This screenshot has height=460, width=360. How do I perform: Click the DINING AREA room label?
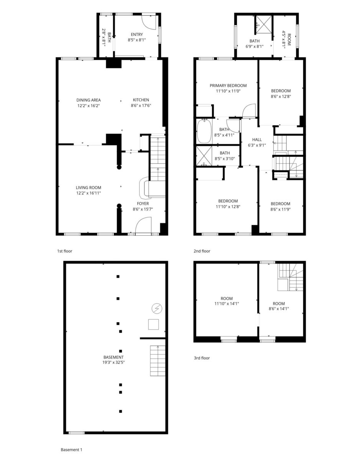pos(89,100)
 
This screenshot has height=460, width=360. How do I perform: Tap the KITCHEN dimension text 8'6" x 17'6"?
pos(141,105)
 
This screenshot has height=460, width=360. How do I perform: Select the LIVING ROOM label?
pos(89,187)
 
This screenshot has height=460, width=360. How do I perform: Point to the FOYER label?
pos(143,204)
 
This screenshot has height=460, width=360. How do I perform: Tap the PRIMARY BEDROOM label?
pos(228,85)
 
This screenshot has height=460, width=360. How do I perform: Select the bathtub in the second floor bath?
pos(204,131)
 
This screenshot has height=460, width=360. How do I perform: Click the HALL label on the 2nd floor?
pos(257,140)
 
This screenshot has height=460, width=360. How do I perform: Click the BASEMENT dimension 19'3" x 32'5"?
pos(113,362)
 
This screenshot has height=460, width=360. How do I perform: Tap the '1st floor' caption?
pos(64,251)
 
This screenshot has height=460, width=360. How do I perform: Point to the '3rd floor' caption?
pos(202,358)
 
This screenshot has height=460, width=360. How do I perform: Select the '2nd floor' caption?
pos(202,251)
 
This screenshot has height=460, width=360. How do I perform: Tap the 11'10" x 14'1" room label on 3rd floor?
pos(227,304)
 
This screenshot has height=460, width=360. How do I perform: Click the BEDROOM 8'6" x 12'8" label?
pos(281,94)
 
